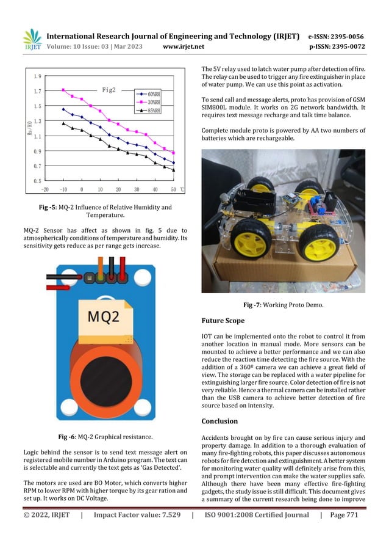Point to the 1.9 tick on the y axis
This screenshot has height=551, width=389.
pyautogui.click(x=37, y=77)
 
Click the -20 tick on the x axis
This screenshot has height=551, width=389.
pyautogui.click(x=45, y=189)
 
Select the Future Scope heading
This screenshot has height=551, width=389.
pyautogui.click(x=223, y=320)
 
